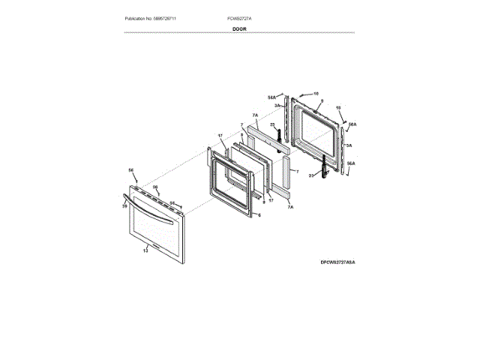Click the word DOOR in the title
239,28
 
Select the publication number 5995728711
173,17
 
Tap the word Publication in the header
138,17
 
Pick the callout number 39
124,205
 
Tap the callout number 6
259,214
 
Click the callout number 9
321,100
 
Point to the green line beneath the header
239,33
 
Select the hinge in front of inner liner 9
325,166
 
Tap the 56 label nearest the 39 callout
130,170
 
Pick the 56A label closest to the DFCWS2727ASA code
351,163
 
